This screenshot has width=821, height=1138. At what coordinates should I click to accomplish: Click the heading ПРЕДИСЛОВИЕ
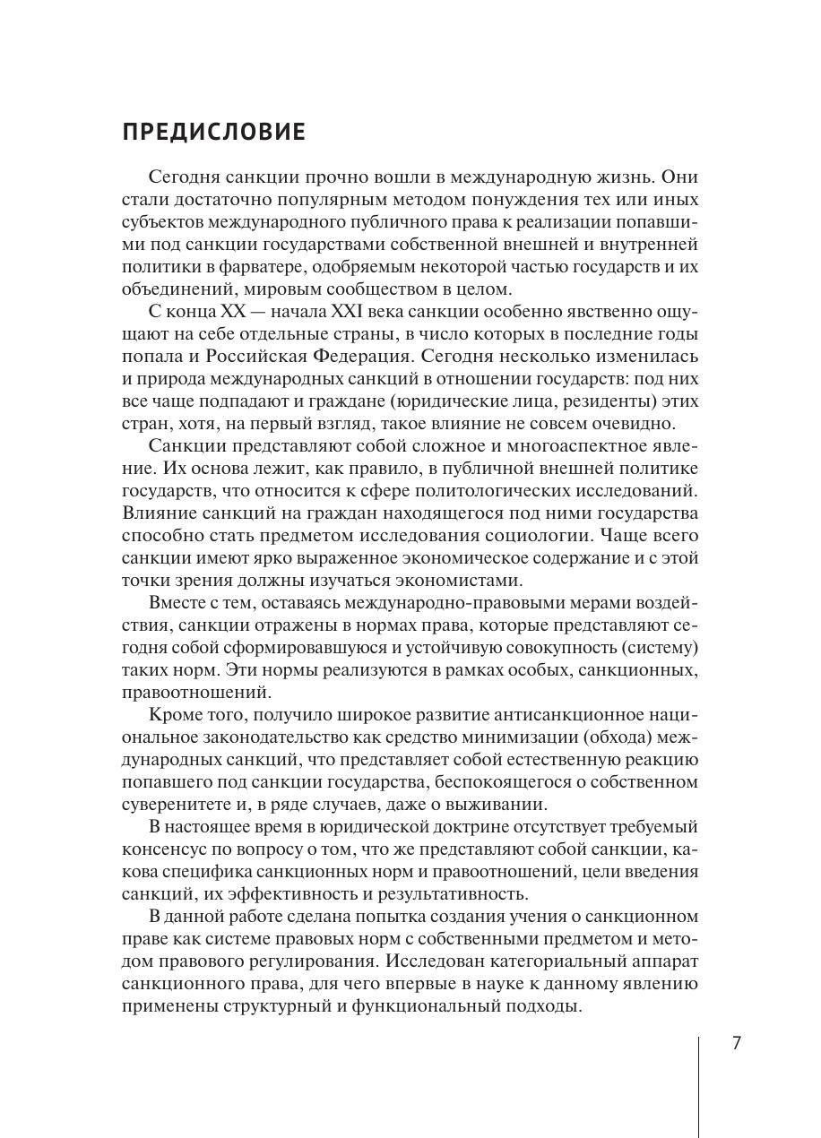click(213, 134)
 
